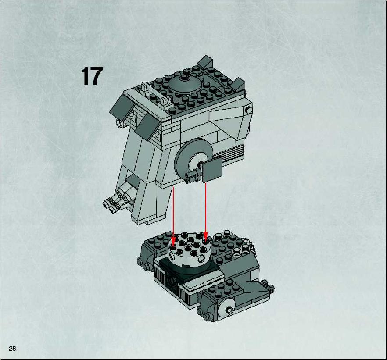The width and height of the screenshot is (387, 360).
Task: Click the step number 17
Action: (92, 76)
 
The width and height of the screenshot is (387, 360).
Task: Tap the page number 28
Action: (12, 348)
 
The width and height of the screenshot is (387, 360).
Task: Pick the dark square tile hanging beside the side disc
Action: (212, 170)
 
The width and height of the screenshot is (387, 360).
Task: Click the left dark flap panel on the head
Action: (122, 108)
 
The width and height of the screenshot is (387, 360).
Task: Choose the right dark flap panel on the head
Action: (147, 126)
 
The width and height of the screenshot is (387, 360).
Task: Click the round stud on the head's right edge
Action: (248, 110)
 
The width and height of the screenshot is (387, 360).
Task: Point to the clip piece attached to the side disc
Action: (193, 175)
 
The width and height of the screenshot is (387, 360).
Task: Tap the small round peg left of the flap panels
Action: (120, 123)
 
